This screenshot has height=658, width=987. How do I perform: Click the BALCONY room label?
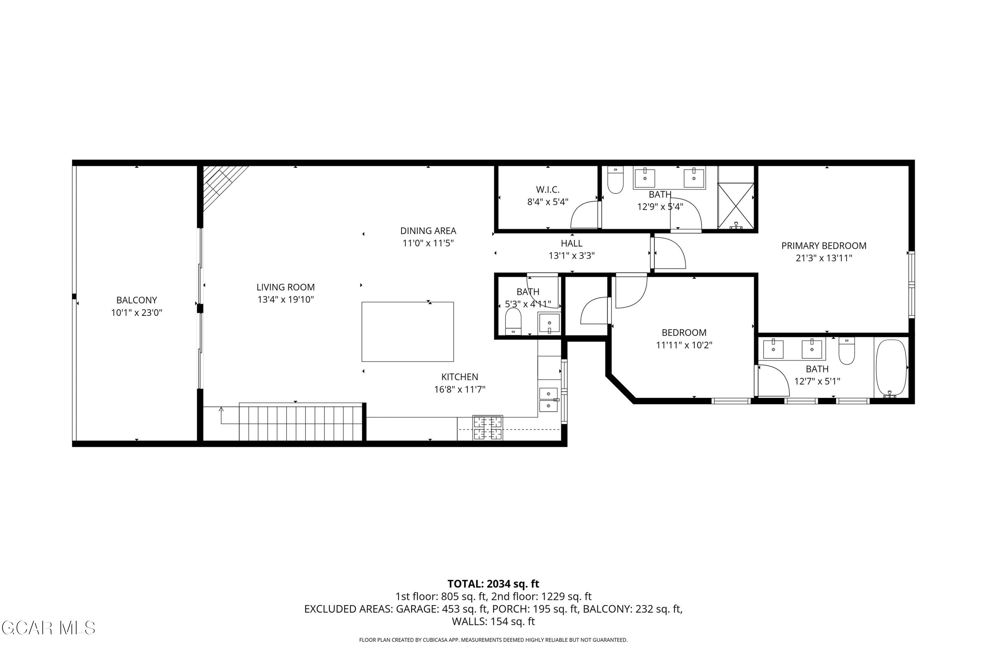pos(137,300)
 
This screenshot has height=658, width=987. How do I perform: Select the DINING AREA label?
pos(428,231)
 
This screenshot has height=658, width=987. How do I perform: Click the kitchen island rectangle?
pos(408,332)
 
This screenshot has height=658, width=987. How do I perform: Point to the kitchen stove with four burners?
pos(488,428)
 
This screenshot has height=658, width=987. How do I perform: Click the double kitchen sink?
pos(548,399)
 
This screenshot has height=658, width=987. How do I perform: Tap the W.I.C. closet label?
pos(548,190)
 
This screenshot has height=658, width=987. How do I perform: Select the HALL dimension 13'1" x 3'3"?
pos(571,256)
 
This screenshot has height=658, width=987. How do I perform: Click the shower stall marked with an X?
pos(736,206)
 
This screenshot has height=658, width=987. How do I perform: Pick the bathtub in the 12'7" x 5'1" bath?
pos(891,368)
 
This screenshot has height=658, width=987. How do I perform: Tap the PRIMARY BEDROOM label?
pos(823,246)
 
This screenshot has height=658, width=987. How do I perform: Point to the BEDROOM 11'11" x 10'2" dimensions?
pos(684,345)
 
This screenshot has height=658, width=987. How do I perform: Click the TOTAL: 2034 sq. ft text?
pos(493,584)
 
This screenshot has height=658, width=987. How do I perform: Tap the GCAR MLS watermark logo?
pos(48,628)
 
